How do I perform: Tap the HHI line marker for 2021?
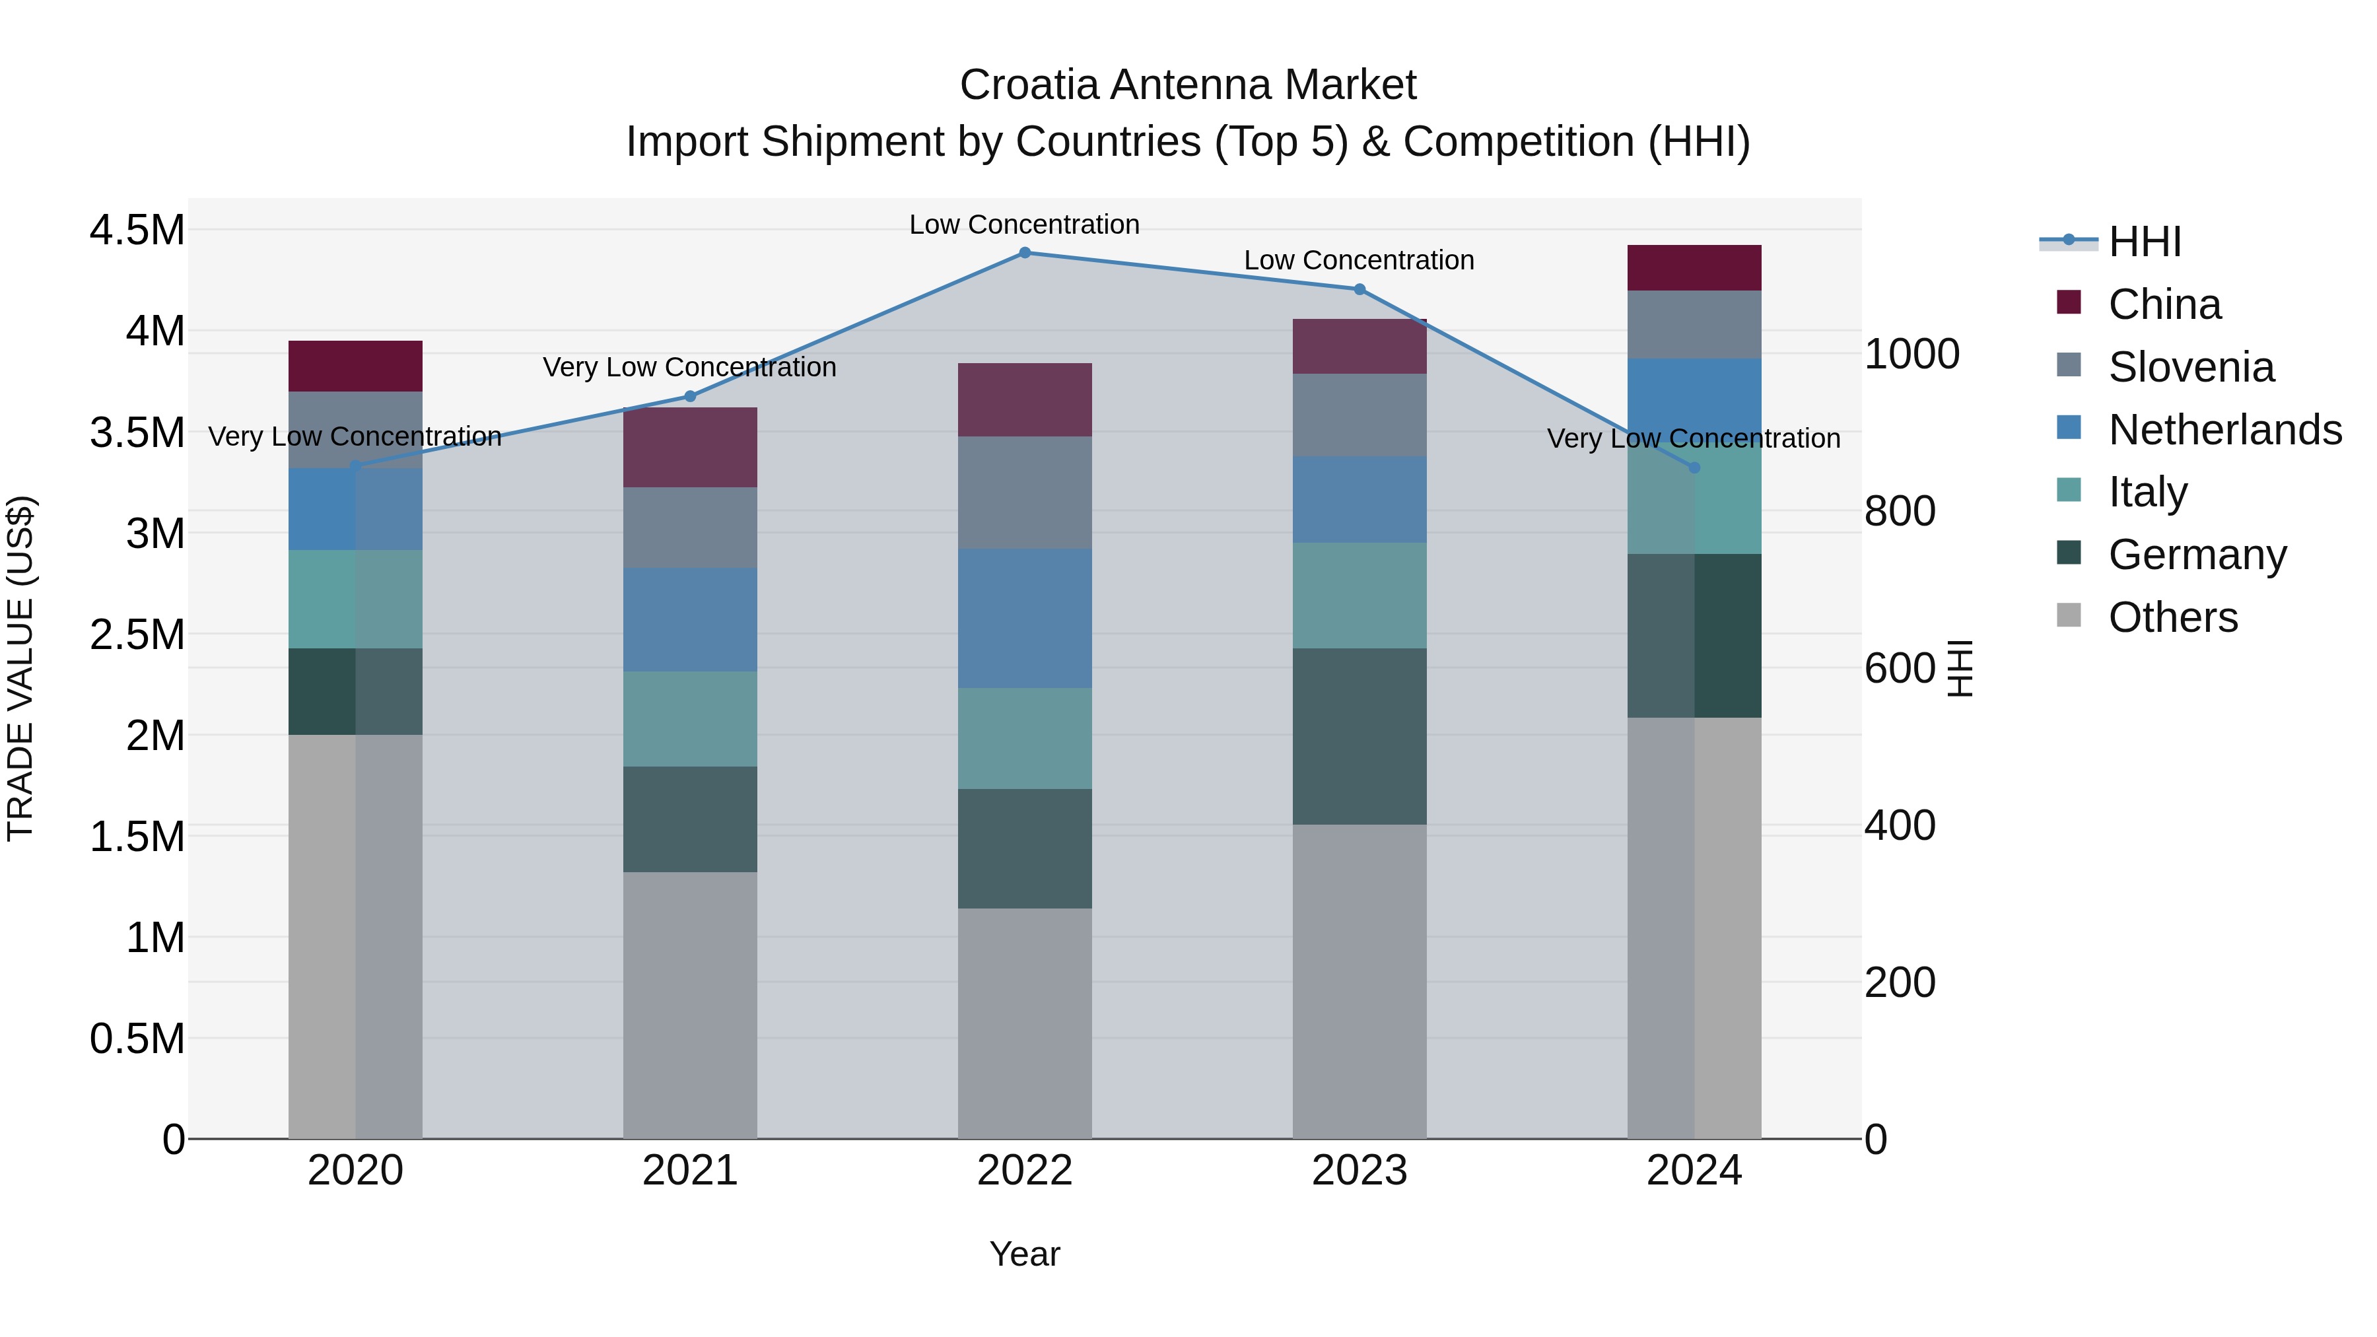[689, 397]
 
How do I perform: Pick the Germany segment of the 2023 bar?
[1360, 736]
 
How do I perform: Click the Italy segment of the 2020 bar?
[355, 599]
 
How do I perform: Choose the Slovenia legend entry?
[2191, 367]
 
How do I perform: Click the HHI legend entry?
[2145, 242]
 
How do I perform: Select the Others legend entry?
[2172, 617]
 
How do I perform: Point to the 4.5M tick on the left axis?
[137, 230]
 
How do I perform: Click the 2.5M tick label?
[137, 634]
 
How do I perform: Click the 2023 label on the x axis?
[1360, 1171]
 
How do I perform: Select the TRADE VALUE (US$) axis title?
[20, 668]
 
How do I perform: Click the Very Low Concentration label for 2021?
[689, 367]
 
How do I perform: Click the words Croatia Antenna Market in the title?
[1188, 85]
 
